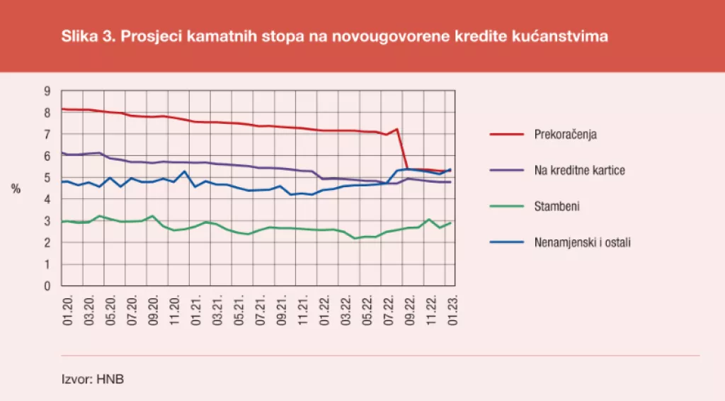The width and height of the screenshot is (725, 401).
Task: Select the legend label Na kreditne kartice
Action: coord(580,170)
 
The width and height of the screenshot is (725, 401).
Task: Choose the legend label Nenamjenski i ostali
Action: coord(582,243)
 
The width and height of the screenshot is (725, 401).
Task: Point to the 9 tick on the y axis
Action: coord(47,91)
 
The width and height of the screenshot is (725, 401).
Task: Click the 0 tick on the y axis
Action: coord(47,286)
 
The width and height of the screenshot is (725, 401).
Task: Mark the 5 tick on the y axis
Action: coord(47,178)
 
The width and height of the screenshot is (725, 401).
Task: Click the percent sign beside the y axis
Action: coord(16,188)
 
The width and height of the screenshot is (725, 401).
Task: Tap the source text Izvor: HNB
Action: coord(93,379)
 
